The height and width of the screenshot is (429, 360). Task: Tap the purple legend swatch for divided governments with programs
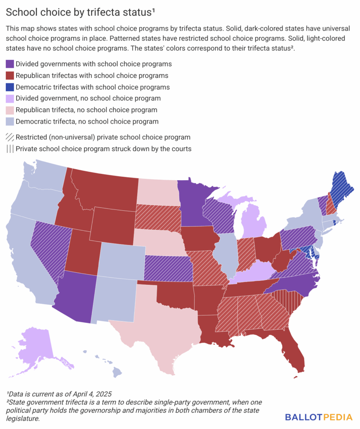point(10,64)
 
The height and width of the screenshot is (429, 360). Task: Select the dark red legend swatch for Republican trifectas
point(10,76)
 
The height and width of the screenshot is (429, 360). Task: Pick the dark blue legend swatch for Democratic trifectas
point(10,87)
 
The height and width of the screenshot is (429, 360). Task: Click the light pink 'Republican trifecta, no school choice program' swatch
point(10,110)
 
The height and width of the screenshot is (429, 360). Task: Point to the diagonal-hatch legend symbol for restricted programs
point(10,137)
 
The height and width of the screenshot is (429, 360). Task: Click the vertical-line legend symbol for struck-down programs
point(10,149)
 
